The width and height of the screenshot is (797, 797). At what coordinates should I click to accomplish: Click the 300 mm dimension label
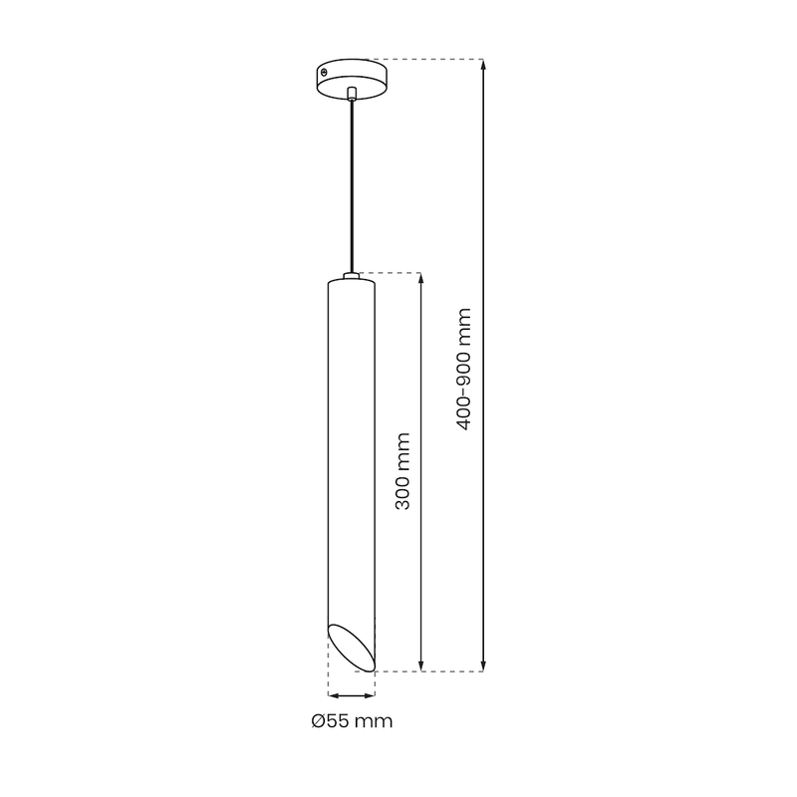click(402, 471)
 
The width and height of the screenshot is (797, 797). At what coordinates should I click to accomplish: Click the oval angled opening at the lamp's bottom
click(352, 646)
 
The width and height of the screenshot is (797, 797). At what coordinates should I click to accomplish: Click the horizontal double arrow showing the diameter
click(351, 695)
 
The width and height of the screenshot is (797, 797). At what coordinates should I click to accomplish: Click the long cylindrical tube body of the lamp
click(352, 448)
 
